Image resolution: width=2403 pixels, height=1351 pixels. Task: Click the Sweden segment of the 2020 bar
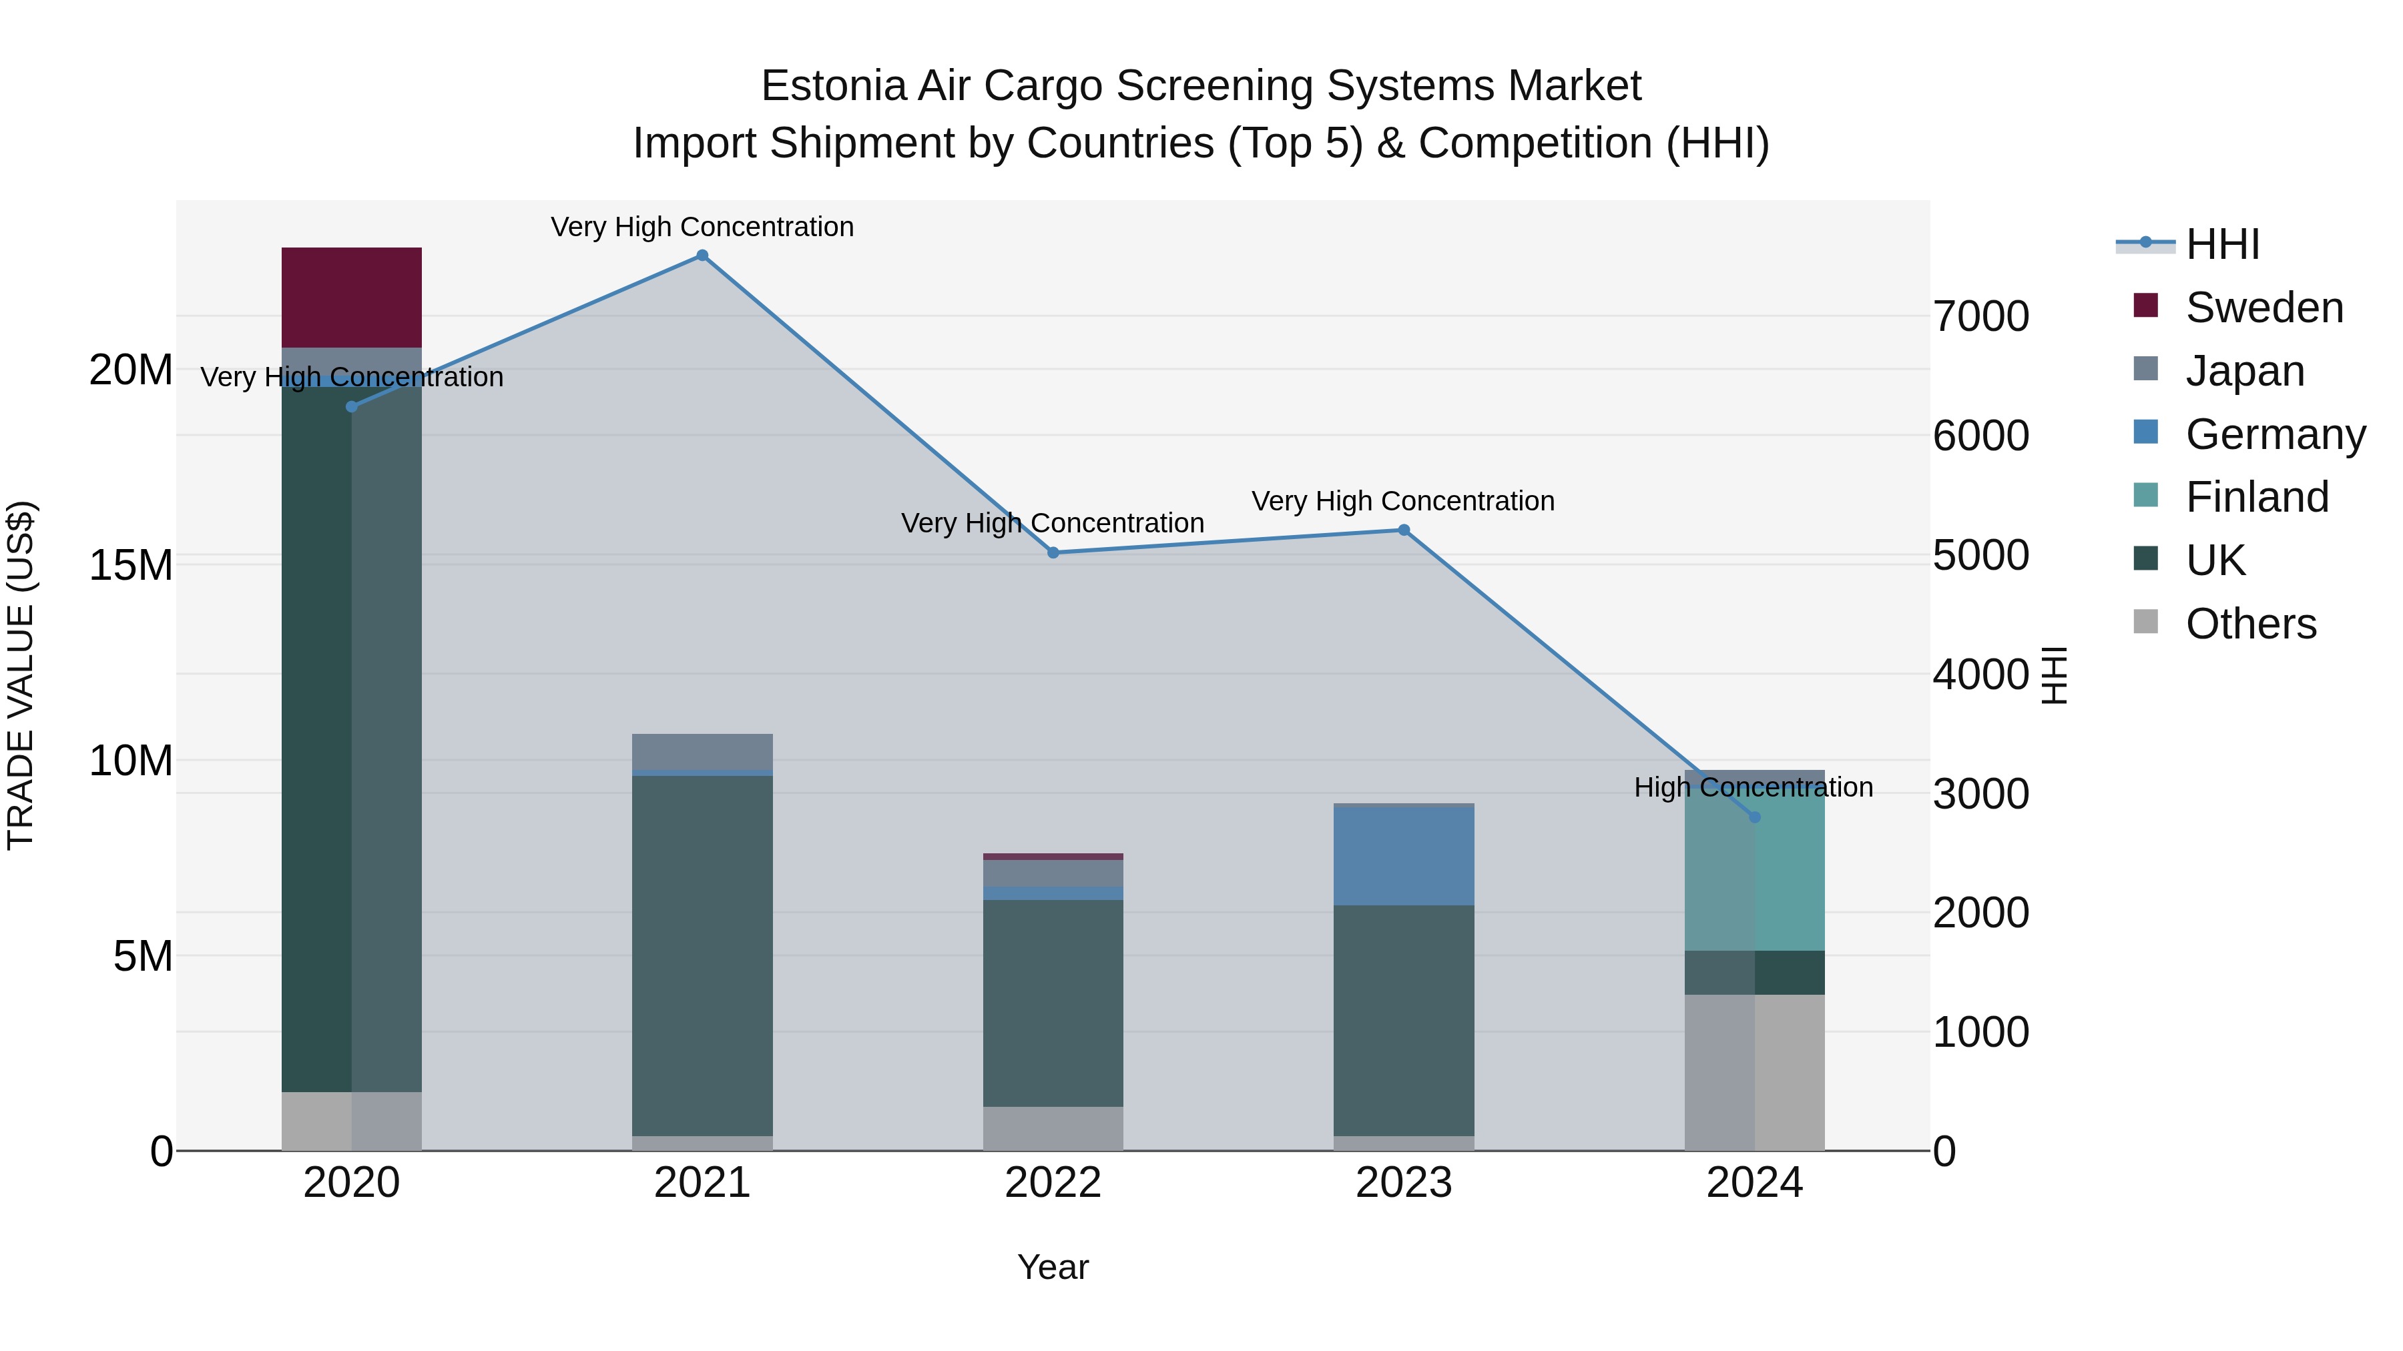pos(352,298)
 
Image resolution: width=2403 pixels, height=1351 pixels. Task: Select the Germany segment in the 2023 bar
pos(1403,855)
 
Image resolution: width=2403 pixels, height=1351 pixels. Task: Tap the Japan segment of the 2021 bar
pos(702,751)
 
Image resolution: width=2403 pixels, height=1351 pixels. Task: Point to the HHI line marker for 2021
pos(702,256)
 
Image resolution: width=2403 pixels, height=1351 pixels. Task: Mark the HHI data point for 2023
pos(1403,530)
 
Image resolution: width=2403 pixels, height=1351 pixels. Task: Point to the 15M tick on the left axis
pos(131,565)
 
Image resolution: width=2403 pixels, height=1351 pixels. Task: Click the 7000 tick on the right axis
pos(1980,316)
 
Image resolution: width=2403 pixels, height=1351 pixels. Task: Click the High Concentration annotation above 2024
pos(1753,787)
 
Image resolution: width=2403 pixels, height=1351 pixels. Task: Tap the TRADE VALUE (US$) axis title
pos(21,675)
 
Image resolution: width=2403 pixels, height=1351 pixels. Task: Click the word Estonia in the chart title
pos(833,86)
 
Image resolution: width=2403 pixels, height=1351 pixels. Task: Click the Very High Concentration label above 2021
pos(702,227)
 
